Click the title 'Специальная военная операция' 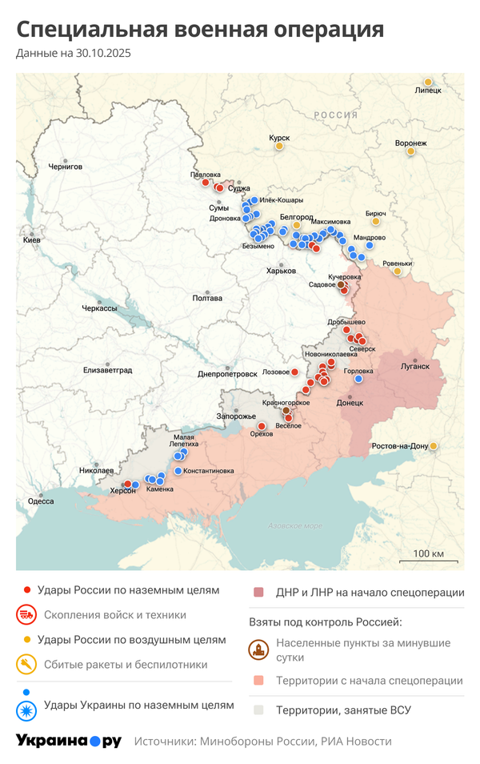tap(200, 30)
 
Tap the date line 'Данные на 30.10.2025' tap(73, 54)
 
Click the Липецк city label tap(428, 91)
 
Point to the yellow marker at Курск tap(279, 146)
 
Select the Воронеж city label tap(410, 143)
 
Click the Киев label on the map tap(32, 240)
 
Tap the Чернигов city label tap(66, 167)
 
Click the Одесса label tap(41, 501)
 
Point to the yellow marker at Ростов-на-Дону tap(433, 446)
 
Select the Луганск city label tap(415, 367)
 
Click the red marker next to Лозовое tap(294, 372)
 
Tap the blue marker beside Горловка tap(358, 380)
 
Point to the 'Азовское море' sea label tap(294, 526)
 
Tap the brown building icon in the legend tap(258, 649)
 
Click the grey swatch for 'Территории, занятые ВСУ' tap(258, 710)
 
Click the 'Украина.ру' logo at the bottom tap(69, 741)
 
